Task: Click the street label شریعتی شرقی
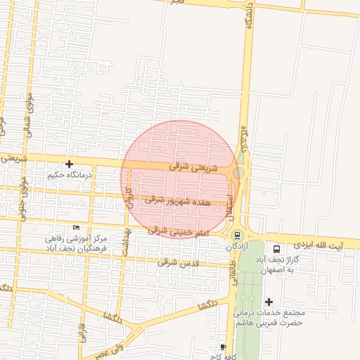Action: tap(193, 168)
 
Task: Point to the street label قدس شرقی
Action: tap(176, 262)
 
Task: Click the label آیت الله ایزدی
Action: tap(314, 245)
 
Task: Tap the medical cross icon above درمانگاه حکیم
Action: tap(68, 163)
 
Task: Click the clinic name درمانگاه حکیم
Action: tap(70, 174)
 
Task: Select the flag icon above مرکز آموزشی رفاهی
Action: tap(77, 226)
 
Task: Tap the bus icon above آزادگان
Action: tap(237, 236)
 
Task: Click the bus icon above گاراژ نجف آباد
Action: tap(276, 248)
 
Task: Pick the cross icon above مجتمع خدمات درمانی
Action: tap(269, 301)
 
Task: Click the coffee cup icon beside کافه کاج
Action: tap(223, 347)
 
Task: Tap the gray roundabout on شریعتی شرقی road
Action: tap(239, 172)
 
